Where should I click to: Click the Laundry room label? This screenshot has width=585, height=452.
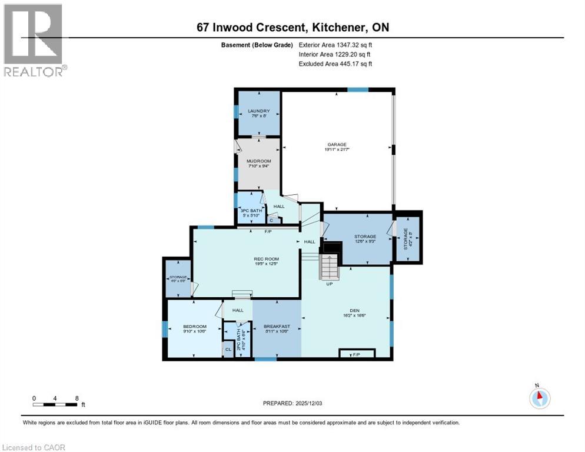click(258, 111)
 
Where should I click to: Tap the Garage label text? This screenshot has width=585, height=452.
click(337, 145)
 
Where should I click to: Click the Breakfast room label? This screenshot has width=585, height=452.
click(277, 327)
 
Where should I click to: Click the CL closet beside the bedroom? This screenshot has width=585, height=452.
click(227, 350)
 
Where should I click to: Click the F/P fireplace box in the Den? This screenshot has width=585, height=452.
click(357, 354)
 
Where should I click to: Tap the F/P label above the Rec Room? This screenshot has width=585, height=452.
click(268, 231)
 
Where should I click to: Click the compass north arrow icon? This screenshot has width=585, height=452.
click(539, 398)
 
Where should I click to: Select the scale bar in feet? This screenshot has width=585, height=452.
click(55, 404)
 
